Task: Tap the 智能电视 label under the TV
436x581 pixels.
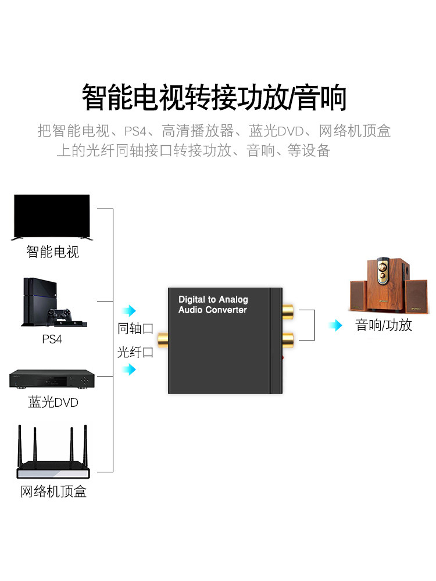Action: pos(53,252)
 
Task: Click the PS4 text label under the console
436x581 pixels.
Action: pos(52,339)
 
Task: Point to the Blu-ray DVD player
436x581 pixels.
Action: pos(52,379)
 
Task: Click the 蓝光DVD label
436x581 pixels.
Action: pos(53,402)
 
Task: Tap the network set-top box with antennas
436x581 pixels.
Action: pos(53,451)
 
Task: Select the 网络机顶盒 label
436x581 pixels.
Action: pos(53,492)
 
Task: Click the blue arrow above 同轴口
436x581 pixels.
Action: pos(129,310)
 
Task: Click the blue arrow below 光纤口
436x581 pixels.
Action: pos(129,369)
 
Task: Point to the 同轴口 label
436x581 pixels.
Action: pos(135,328)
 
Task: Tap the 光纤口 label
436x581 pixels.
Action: pos(135,352)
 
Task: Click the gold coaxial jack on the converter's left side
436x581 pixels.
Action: pos(163,340)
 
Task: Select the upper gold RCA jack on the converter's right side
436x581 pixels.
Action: pos(288,311)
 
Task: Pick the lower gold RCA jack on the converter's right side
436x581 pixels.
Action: pos(288,340)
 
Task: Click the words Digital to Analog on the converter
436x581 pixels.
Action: pos(213,299)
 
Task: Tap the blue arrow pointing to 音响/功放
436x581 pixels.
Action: pos(335,325)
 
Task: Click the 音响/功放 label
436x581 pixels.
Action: pos(384,325)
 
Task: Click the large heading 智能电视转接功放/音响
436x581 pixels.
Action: pos(215,97)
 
